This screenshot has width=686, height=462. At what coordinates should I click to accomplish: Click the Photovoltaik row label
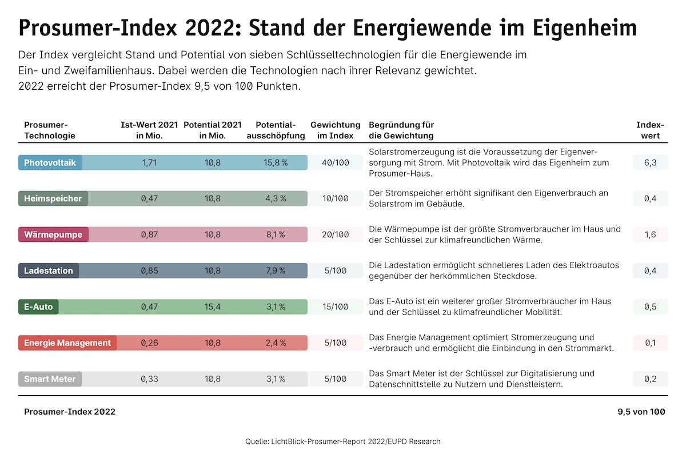pos(50,162)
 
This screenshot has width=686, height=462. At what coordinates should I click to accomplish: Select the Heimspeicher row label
pos(53,198)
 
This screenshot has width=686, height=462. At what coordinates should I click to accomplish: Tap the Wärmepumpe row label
pos(53,234)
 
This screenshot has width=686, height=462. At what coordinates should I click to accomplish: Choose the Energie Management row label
pos(67,343)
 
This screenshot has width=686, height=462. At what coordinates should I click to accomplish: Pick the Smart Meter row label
pos(50,379)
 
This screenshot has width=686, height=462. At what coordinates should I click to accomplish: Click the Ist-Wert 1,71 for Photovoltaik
pos(149,162)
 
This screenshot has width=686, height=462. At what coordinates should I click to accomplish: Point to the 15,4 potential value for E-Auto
pos(213,307)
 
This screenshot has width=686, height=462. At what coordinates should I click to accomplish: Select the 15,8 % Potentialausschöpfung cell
pos(276,162)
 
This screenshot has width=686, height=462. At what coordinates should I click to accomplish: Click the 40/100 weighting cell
pos(335,162)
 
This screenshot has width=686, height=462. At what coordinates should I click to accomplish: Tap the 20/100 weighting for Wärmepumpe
pos(335,234)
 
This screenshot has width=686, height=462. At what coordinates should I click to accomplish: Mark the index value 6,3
pos(650,162)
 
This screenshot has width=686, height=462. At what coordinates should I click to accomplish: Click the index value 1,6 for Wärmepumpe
pos(650,234)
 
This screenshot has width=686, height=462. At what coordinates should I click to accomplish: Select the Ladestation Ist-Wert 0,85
pos(149,271)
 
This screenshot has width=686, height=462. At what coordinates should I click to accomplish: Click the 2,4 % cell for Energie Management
pos(276,343)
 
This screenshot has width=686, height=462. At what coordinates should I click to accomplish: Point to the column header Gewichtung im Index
pos(335,130)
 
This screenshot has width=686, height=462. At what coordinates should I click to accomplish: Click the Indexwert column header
pos(650,130)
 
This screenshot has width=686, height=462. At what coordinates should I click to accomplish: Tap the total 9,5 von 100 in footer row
pos(641,412)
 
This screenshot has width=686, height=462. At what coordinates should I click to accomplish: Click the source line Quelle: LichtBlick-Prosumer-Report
pos(343,441)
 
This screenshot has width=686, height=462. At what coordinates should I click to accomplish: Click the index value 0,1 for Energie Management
pos(650,343)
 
